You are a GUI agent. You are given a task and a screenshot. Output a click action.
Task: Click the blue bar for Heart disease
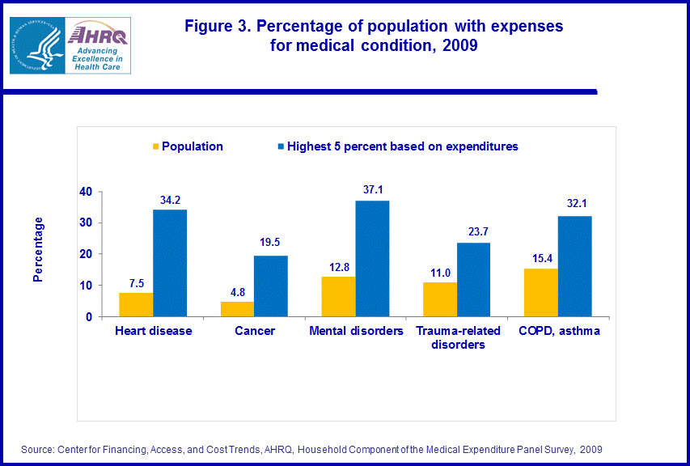tap(170, 263)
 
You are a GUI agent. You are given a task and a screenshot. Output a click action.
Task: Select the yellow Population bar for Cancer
tap(237, 309)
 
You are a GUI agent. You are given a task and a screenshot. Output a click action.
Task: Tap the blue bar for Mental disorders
tap(372, 259)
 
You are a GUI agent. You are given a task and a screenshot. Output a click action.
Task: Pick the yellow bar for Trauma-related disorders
tap(440, 299)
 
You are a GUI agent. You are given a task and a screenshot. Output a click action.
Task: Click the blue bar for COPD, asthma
tap(574, 266)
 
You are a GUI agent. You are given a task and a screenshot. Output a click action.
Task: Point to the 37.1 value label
tap(373, 190)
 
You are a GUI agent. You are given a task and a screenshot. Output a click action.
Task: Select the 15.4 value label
tap(540, 258)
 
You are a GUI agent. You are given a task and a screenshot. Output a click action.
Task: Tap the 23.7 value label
tap(474, 232)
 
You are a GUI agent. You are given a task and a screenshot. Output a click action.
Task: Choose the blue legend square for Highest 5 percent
tap(282, 146)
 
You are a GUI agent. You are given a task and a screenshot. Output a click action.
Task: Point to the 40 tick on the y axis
tap(86, 192)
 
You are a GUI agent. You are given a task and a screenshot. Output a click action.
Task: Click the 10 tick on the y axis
tap(86, 286)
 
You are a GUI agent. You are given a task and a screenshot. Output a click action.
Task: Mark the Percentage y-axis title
tap(38, 249)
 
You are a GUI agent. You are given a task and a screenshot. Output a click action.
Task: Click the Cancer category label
tap(254, 331)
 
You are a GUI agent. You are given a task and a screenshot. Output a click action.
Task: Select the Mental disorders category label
tap(356, 331)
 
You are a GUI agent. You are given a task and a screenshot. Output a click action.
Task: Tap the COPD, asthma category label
tap(558, 331)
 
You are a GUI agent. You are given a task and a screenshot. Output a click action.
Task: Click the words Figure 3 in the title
tap(217, 27)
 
